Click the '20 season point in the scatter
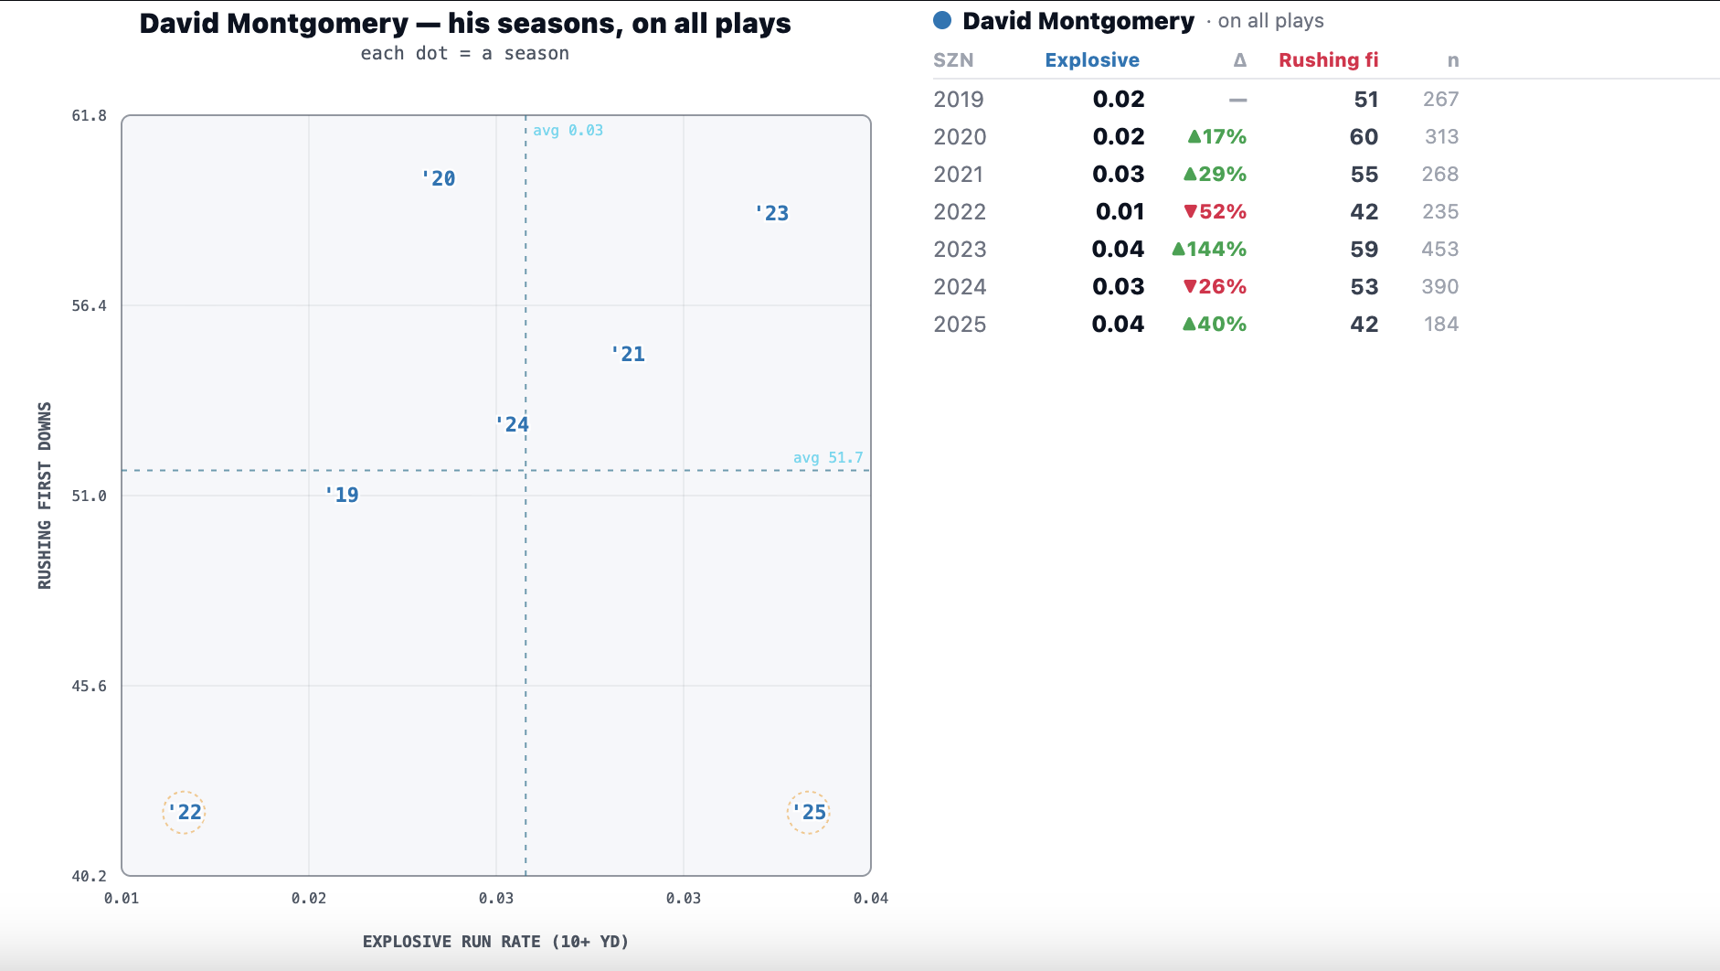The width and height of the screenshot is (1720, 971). coord(439,178)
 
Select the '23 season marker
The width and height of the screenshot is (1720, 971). coord(772,213)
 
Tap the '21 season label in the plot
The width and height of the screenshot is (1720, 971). coord(628,354)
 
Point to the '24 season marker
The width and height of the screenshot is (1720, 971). coord(512,424)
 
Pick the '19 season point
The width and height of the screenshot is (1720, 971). coord(342,495)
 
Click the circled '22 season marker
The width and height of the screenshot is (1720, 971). coord(184,812)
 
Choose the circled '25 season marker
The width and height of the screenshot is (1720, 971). coord(809,812)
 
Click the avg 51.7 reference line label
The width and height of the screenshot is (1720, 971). coord(828,457)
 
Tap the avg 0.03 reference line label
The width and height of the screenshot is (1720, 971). coord(568,130)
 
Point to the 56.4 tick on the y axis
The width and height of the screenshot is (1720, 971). coord(89,305)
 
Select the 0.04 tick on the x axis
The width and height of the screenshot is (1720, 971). coord(870,898)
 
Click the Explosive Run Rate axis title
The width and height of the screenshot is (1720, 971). coord(495,941)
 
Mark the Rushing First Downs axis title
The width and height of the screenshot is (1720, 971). coord(45,496)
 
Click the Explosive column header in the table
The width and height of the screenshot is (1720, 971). coord(1092,60)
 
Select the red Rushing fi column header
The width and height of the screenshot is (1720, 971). coord(1328,60)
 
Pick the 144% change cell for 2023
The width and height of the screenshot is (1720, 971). coord(1209,249)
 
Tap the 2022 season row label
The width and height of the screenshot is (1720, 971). coord(960,211)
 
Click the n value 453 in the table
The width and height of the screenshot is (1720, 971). coord(1439,249)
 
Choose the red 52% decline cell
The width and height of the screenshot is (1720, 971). coord(1215,211)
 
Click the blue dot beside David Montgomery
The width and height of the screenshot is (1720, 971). coord(942,20)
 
